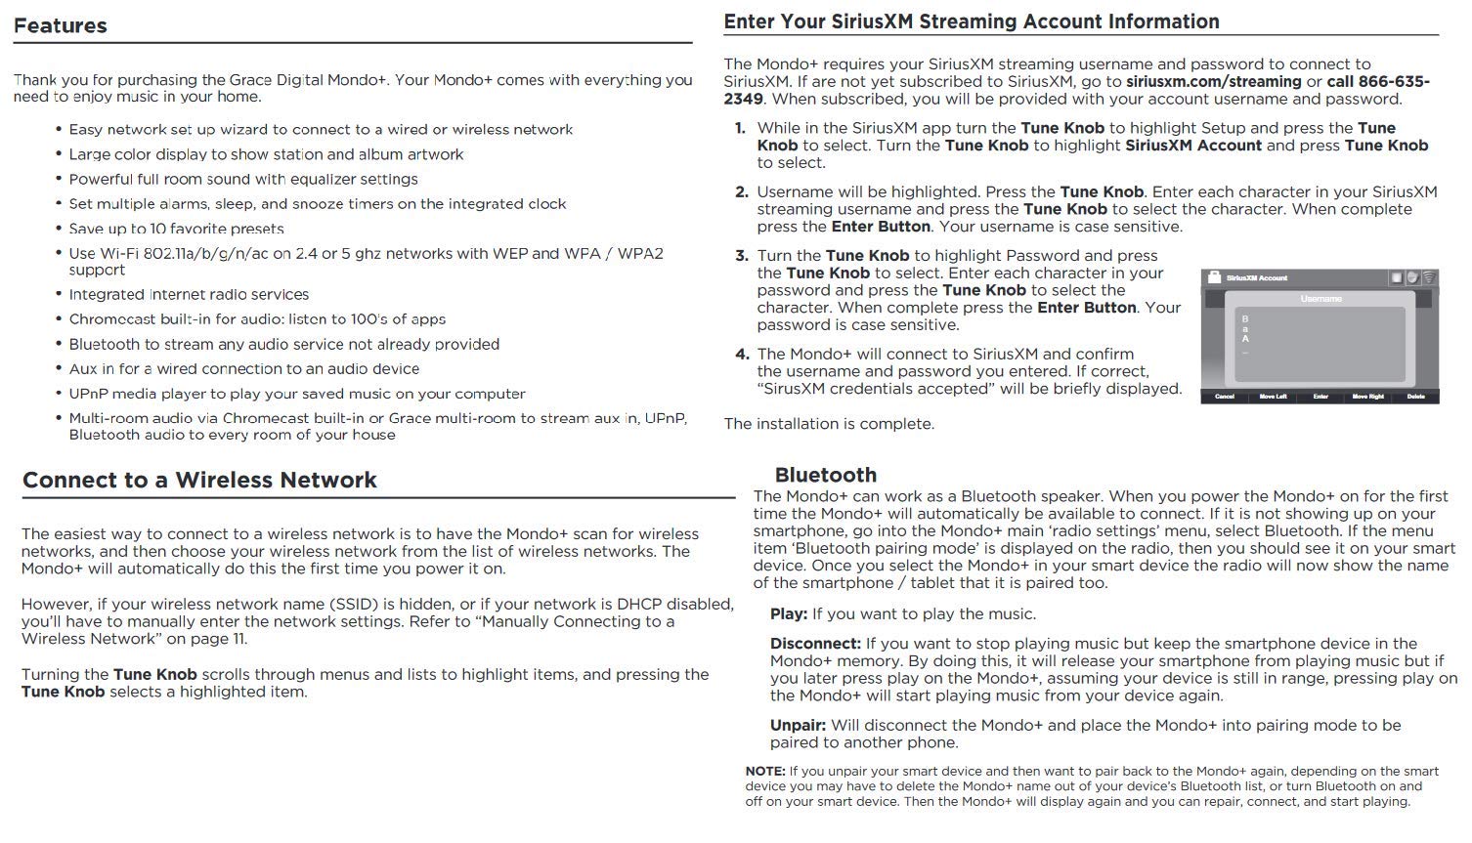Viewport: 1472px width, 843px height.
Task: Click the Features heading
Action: tap(60, 26)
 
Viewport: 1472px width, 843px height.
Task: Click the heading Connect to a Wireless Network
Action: tap(199, 481)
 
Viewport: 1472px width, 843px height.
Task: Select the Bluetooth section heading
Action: tap(825, 476)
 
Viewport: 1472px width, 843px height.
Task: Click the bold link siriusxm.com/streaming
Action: tap(1213, 82)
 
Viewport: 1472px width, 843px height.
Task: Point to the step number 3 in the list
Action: tap(741, 256)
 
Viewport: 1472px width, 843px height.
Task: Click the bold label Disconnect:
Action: tap(815, 644)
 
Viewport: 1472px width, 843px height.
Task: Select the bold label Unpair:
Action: tap(798, 726)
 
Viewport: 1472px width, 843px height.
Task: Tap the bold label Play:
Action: tap(788, 614)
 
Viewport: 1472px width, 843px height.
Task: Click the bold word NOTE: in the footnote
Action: tap(765, 772)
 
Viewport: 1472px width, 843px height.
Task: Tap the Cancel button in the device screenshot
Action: tap(1225, 397)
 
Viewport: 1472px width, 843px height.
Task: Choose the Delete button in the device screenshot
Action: tap(1415, 397)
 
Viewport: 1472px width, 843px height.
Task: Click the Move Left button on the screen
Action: tap(1273, 397)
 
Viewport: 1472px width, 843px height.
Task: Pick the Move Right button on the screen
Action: tap(1368, 397)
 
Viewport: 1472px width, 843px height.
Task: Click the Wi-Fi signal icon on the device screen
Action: tap(1429, 278)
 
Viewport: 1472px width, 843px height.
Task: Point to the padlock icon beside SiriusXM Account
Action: tap(1215, 278)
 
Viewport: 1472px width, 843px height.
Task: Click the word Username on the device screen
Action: tap(1320, 299)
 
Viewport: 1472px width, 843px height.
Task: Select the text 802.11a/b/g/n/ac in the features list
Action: tap(185, 254)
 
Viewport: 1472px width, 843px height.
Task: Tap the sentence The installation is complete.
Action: tap(829, 424)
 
